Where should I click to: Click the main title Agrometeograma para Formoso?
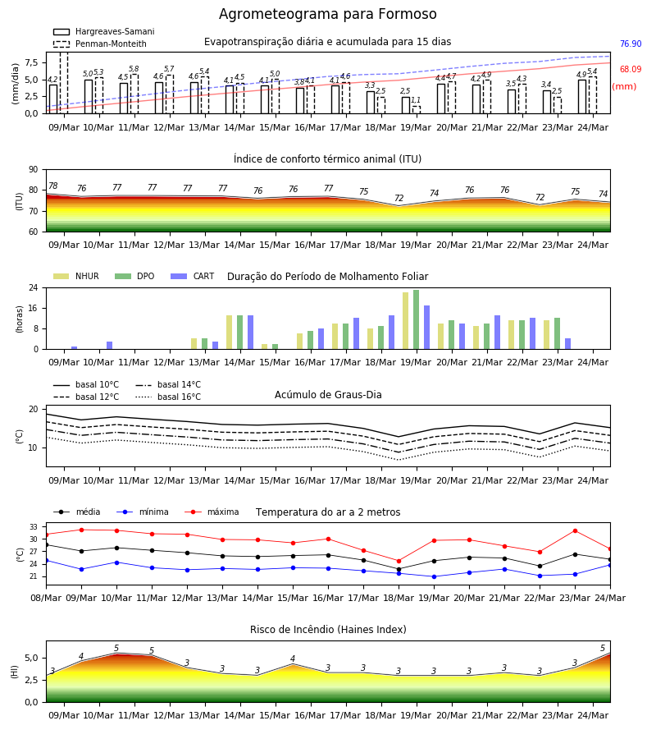click(327, 14)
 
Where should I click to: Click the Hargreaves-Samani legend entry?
click(104, 31)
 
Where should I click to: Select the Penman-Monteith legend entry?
click(100, 44)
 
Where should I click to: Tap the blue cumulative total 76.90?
click(631, 44)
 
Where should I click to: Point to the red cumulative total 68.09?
click(631, 69)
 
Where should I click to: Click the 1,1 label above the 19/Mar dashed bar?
click(416, 100)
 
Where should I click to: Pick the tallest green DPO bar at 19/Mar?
click(416, 319)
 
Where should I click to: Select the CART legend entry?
click(192, 276)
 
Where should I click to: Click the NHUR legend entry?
click(76, 276)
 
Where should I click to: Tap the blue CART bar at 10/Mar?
click(110, 346)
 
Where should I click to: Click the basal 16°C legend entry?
click(168, 397)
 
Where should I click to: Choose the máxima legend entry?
click(212, 512)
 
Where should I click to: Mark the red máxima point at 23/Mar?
click(575, 530)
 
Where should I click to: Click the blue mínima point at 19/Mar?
click(434, 576)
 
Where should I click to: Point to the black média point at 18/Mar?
click(399, 569)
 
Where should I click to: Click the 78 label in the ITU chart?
click(53, 186)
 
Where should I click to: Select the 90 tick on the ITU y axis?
click(34, 170)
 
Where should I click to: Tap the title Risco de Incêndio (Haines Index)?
click(328, 630)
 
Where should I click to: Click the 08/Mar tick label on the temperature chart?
click(46, 598)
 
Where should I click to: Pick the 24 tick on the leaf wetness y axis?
click(34, 287)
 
